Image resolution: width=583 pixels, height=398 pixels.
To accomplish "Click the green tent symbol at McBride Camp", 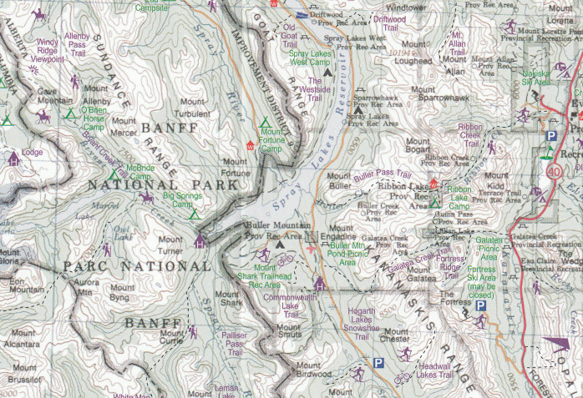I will coord(114,175).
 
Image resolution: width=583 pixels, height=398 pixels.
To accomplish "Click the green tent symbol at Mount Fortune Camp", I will coord(266,122).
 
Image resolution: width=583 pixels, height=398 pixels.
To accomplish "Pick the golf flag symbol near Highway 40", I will coord(545,151).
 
